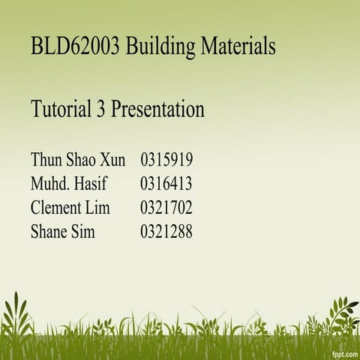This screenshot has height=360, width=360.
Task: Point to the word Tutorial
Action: [61, 109]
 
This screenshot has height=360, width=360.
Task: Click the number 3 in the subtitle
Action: [101, 109]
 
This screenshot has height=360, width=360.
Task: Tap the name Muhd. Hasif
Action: [67, 183]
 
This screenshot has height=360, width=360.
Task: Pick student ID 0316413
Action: [166, 183]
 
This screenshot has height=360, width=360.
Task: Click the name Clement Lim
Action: [70, 208]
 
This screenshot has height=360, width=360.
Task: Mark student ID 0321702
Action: [166, 208]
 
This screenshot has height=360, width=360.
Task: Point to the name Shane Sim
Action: [63, 232]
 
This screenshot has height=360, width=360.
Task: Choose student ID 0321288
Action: [166, 232]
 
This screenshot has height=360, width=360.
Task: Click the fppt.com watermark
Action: [342, 352]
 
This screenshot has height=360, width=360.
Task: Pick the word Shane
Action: [49, 232]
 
